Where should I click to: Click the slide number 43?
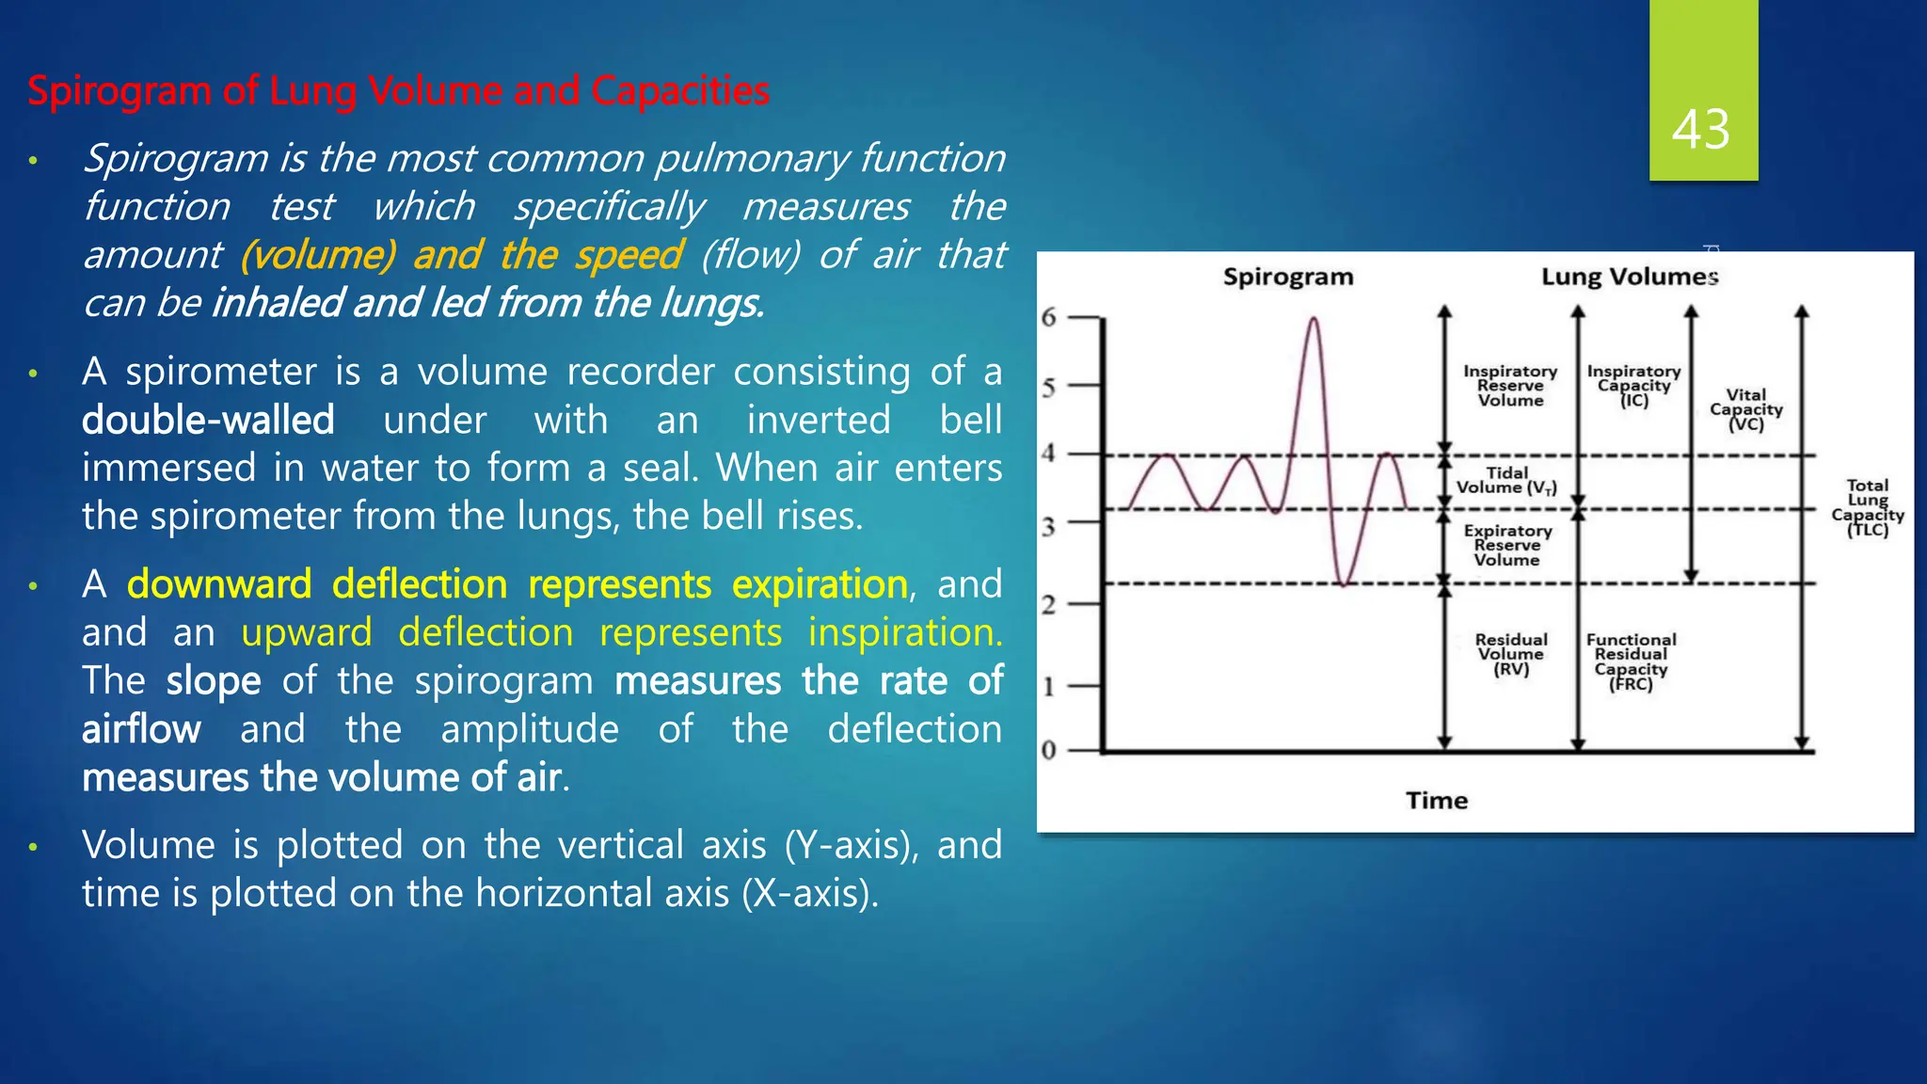[1701, 129]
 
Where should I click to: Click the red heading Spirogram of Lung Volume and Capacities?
[398, 91]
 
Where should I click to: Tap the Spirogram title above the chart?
[1288, 277]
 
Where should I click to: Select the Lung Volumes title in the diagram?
[1630, 277]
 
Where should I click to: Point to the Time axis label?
[1437, 801]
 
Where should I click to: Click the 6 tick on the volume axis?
[1049, 317]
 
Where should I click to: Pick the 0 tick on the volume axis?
[1049, 751]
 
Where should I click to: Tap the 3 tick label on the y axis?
[1048, 527]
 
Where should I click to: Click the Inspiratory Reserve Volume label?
[1510, 386]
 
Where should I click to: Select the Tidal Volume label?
[1506, 480]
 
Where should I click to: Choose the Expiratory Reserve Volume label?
[1507, 546]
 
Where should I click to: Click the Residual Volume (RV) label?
[1511, 654]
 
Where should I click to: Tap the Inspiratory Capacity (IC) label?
[1634, 386]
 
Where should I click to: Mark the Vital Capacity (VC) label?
[1746, 409]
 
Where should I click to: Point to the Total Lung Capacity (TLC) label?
[1868, 508]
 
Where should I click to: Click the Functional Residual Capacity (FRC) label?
[1632, 662]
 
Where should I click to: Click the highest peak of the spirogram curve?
[1314, 320]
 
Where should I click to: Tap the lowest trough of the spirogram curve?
[1345, 583]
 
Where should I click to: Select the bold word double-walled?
[208, 420]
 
